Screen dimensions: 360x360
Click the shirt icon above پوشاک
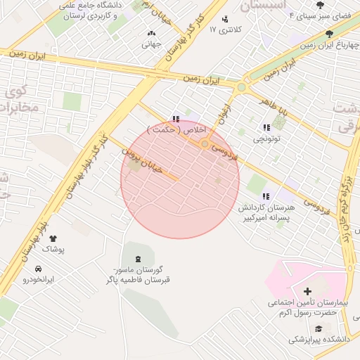pyautogui.click(x=52, y=239)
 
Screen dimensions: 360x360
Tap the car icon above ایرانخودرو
pyautogui.click(x=37, y=269)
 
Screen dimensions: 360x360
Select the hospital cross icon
pyautogui.click(x=307, y=291)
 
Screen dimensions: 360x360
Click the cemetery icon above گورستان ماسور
pyautogui.click(x=136, y=259)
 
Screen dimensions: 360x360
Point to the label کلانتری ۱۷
pyautogui.click(x=226, y=30)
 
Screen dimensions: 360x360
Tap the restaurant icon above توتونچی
pyautogui.click(x=266, y=127)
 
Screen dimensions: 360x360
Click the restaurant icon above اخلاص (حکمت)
pyautogui.click(x=176, y=120)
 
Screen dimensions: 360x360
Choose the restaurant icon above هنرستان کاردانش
pyautogui.click(x=265, y=196)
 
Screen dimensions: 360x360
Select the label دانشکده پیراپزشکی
pyautogui.click(x=317, y=339)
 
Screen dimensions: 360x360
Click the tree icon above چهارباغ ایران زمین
pyautogui.click(x=330, y=33)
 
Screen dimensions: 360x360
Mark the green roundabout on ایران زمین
pyautogui.click(x=242, y=87)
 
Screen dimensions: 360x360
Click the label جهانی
pyautogui.click(x=151, y=45)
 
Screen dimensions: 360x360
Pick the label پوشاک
pyautogui.click(x=52, y=250)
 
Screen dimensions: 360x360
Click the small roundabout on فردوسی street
pyautogui.click(x=205, y=144)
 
